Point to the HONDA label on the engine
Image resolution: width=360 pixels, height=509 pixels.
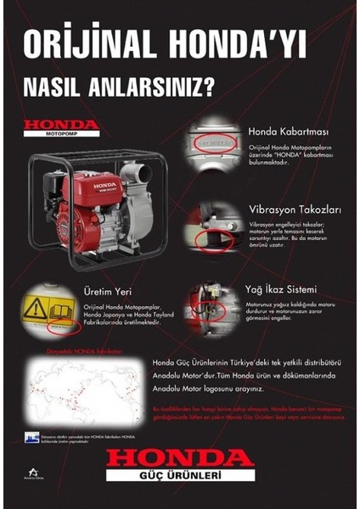(105, 184)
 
